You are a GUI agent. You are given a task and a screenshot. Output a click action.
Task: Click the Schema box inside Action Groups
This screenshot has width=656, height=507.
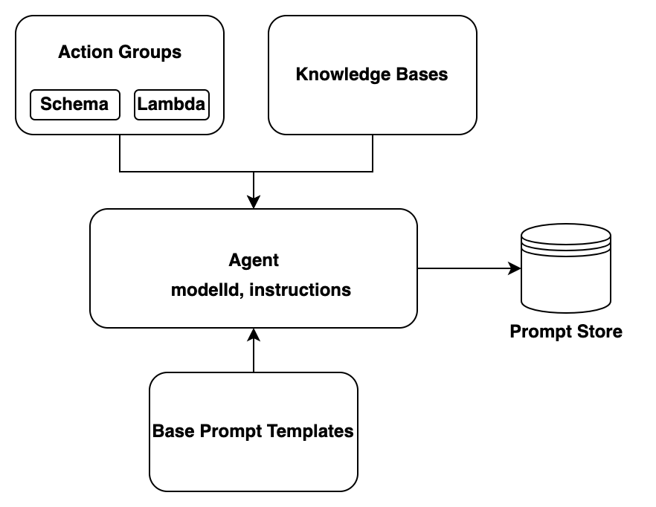click(74, 104)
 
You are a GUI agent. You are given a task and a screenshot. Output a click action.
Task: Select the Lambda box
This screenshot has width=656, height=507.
click(171, 104)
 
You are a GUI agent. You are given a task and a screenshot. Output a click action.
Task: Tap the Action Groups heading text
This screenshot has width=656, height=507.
click(120, 52)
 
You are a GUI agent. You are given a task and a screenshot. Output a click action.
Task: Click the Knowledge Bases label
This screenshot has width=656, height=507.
click(372, 74)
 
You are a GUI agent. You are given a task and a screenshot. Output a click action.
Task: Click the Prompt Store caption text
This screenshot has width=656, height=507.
click(565, 332)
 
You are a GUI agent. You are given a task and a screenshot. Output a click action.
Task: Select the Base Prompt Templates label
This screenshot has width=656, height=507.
click(253, 431)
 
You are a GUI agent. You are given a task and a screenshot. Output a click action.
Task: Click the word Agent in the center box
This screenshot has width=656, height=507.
click(254, 260)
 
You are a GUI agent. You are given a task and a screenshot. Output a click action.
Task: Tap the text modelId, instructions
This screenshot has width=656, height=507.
click(260, 290)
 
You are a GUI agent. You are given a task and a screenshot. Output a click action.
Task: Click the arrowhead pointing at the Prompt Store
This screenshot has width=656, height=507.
click(515, 268)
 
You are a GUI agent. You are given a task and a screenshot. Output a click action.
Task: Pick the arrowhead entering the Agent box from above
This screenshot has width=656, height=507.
click(254, 201)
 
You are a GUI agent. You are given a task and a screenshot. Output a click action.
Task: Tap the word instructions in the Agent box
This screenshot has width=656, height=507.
click(300, 290)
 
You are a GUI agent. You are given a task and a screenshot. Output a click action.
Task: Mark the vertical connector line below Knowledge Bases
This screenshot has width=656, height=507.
click(373, 153)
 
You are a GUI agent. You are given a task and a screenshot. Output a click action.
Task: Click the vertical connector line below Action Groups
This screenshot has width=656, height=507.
click(120, 153)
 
